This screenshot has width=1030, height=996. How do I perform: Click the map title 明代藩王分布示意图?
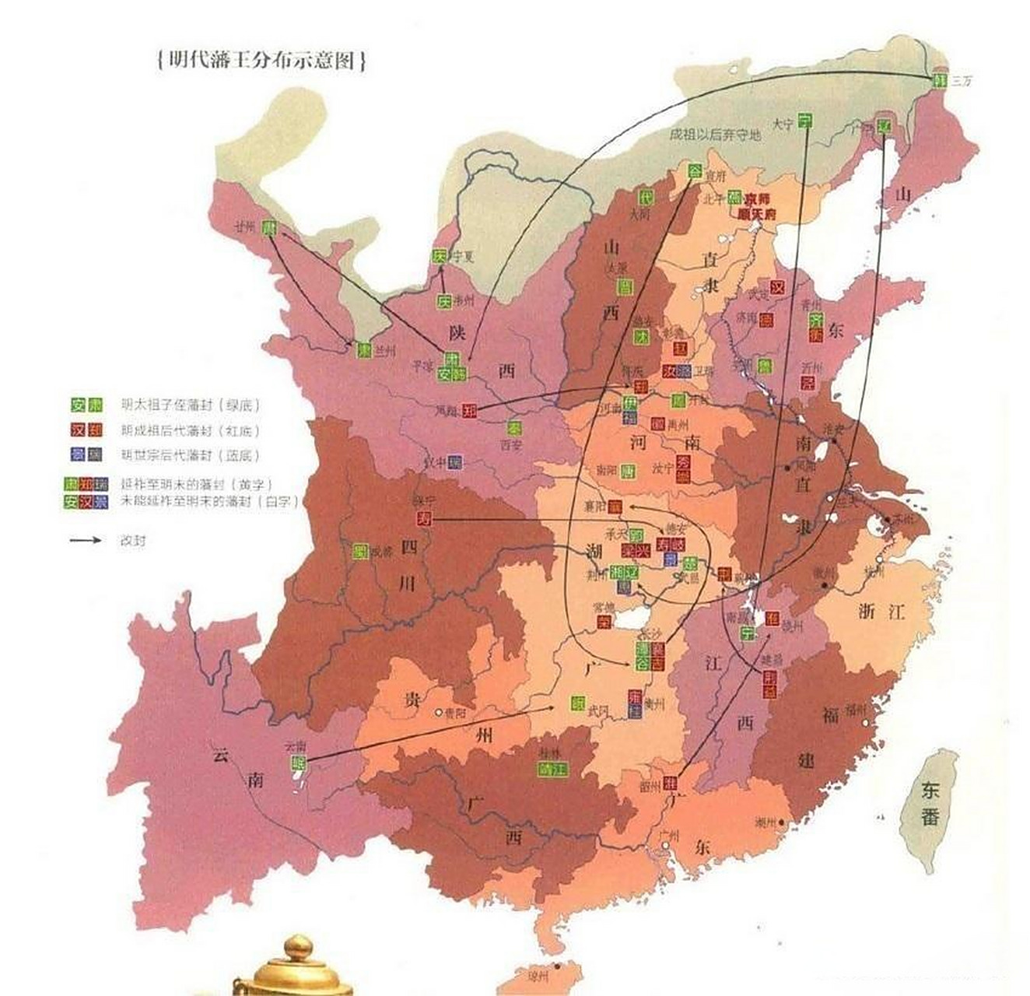[x=261, y=61]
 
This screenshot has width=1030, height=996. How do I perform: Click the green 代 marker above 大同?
[x=644, y=197]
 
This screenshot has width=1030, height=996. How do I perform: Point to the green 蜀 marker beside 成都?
[x=360, y=552]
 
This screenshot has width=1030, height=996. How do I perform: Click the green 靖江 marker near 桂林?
[x=552, y=769]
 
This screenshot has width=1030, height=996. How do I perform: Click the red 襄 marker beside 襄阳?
[x=615, y=507]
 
